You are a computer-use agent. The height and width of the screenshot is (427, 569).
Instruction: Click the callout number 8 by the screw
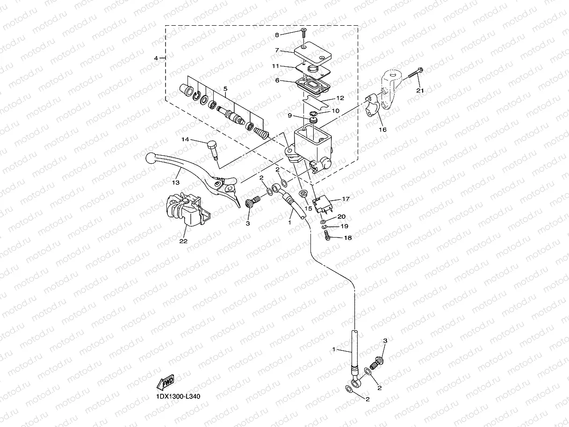point(277,35)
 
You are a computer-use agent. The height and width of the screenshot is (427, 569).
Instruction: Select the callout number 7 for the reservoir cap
point(277,50)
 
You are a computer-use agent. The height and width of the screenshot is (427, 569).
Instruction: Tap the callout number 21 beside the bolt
point(420,91)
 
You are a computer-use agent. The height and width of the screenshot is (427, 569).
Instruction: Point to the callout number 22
point(183,241)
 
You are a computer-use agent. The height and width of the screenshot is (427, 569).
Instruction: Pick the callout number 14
point(185,139)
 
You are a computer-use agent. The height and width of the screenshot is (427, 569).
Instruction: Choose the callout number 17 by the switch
point(346,199)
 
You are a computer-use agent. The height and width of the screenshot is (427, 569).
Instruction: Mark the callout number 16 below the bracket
point(382,130)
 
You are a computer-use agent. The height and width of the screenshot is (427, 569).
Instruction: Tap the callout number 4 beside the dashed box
point(156,58)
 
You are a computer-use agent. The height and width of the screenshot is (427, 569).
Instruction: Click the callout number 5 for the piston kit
point(225,88)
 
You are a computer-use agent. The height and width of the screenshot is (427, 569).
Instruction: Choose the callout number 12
point(340,98)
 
